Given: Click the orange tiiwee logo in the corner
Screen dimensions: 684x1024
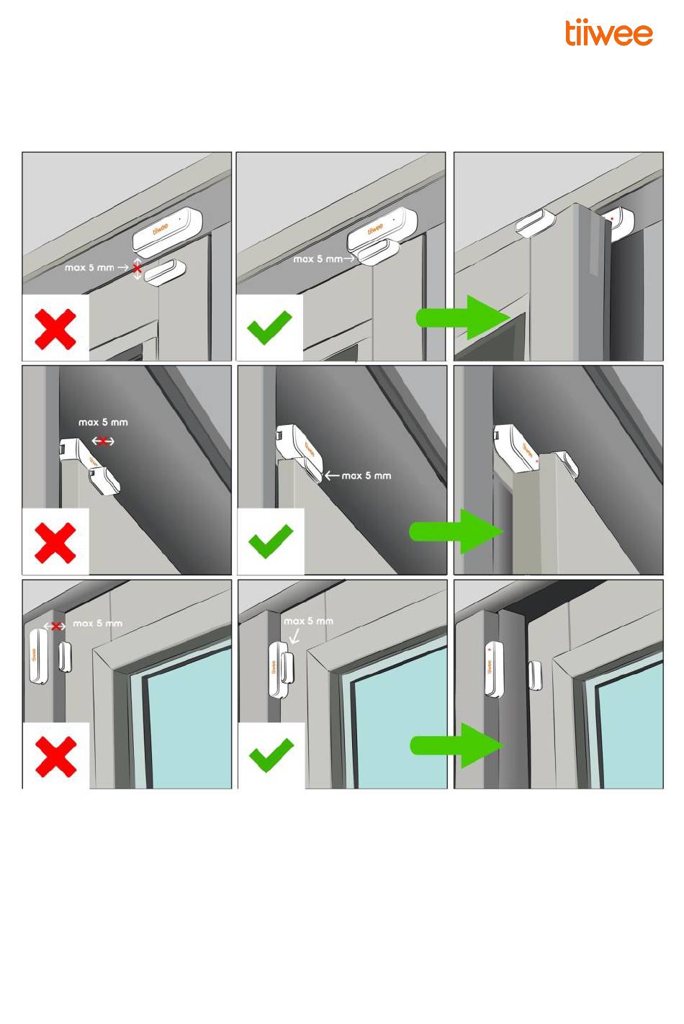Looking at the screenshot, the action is [x=608, y=32].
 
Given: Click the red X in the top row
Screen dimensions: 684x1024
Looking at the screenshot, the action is [x=55, y=329].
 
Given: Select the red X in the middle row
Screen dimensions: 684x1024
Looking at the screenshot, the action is [x=55, y=543].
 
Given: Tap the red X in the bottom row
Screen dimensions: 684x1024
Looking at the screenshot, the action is [x=55, y=757].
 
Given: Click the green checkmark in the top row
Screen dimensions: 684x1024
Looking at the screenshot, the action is [x=269, y=328].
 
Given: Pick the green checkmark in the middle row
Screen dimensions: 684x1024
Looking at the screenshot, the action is [x=271, y=542].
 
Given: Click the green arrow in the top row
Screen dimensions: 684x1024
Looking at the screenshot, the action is [x=463, y=318].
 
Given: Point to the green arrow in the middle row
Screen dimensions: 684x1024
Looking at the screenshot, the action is [x=456, y=531].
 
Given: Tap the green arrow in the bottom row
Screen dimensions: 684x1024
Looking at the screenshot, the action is [x=457, y=745].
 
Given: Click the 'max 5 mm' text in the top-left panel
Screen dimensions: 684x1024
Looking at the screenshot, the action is [x=89, y=267].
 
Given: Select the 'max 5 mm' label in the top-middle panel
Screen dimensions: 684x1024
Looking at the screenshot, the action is [x=318, y=259].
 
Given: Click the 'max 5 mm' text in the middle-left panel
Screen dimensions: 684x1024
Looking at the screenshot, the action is [x=103, y=423].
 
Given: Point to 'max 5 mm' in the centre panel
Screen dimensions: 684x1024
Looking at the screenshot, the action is [x=366, y=476].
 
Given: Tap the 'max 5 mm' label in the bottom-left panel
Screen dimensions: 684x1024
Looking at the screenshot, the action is [x=97, y=624].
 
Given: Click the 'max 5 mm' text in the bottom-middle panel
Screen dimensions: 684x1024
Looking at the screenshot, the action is [x=309, y=621].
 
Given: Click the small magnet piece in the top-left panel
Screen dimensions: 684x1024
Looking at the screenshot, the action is [x=165, y=273].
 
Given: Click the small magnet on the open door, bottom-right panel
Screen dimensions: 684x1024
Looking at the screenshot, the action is [x=535, y=675].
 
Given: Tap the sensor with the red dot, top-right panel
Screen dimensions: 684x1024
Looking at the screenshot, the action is [x=621, y=224].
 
